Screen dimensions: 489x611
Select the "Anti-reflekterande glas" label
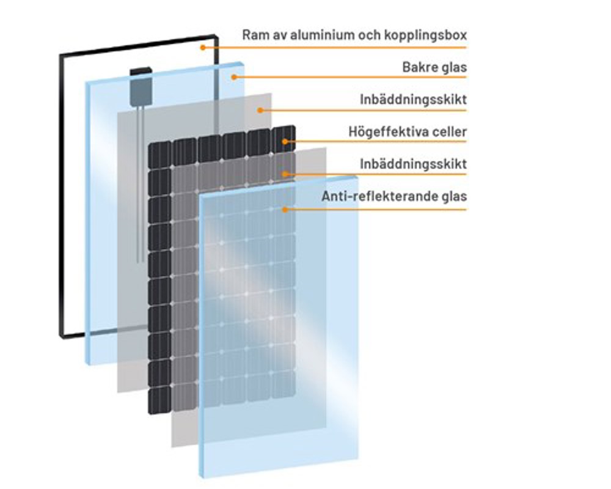point(394,197)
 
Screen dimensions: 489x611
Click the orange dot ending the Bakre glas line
point(233,76)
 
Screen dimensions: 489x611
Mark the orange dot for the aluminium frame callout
point(202,46)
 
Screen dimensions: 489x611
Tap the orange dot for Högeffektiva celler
point(285,142)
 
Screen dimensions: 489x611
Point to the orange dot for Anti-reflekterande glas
point(285,209)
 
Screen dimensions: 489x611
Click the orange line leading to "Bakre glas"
point(348,76)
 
